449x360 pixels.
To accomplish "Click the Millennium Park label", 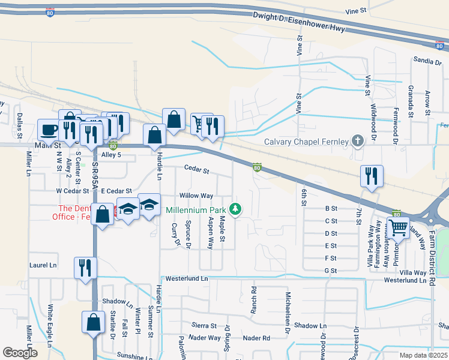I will coord(195,210).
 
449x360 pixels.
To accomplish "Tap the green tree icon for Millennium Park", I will coord(237,209).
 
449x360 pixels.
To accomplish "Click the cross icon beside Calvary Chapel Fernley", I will coord(358,142).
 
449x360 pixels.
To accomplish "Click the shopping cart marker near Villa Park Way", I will coord(398,227).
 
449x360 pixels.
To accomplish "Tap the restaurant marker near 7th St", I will coord(372,176).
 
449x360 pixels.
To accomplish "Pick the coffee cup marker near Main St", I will coord(48,129).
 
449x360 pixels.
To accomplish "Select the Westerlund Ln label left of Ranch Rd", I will coord(187,278).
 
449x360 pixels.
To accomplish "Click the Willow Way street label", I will coord(196,196).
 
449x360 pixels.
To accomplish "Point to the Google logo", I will coord(19,353).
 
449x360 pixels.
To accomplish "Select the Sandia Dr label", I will coord(427,60).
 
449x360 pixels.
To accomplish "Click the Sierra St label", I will coord(204,325).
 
